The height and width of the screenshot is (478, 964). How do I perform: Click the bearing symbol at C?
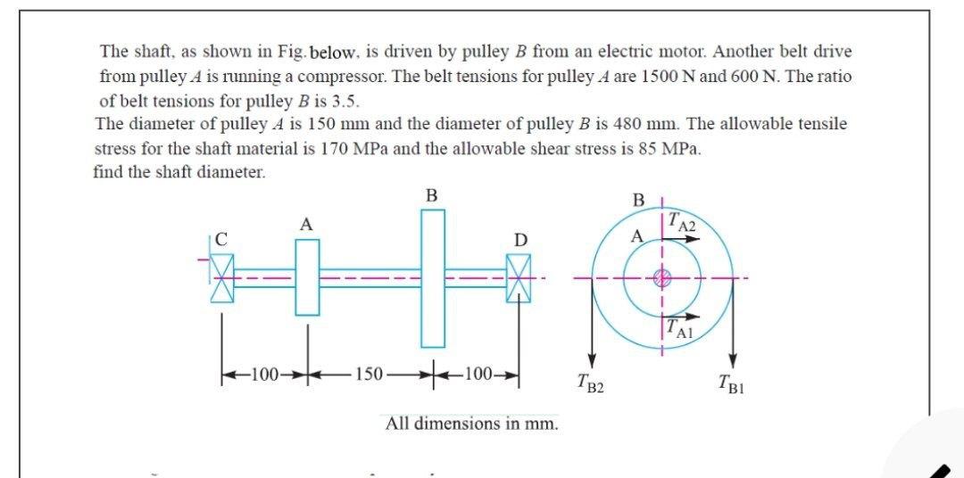click(x=221, y=278)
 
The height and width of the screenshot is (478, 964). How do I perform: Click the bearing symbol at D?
click(x=517, y=278)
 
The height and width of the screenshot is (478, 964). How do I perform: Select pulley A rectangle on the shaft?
click(x=307, y=278)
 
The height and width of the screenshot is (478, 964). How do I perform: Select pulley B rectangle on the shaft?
click(x=432, y=278)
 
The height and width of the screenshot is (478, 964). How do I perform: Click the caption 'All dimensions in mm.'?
click(x=472, y=423)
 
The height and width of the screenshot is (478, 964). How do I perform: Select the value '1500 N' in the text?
click(x=704, y=77)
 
